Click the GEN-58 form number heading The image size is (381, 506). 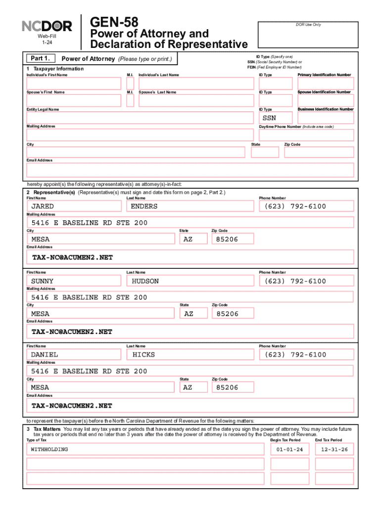point(113,22)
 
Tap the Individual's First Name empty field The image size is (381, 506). point(73,84)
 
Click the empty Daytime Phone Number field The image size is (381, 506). point(306,135)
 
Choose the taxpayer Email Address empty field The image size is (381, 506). point(190,170)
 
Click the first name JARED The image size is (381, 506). point(73,206)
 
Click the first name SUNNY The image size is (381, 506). point(73,281)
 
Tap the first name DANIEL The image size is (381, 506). point(73,354)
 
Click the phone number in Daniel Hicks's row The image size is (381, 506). point(306,354)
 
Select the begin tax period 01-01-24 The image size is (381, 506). point(290,449)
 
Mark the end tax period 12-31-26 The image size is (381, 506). point(334,449)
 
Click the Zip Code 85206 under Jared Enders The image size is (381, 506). point(233,239)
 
